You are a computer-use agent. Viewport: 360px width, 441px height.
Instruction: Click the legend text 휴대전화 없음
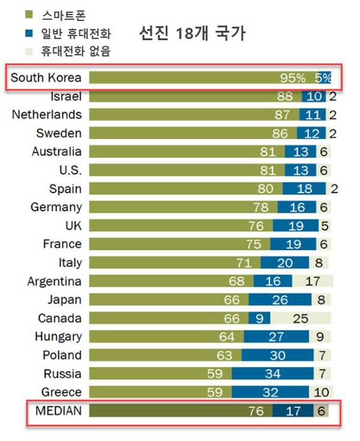click(x=76, y=52)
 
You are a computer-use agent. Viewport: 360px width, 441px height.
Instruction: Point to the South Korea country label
click(x=46, y=77)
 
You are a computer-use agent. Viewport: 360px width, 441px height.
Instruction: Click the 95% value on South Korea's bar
click(x=293, y=78)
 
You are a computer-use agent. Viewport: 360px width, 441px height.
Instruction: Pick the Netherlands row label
click(x=47, y=114)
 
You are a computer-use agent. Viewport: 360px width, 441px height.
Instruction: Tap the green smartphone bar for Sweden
click(x=192, y=133)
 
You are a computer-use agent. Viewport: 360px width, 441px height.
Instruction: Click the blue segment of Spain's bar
click(x=304, y=188)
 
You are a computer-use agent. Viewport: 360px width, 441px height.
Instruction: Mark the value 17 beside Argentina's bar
click(x=312, y=281)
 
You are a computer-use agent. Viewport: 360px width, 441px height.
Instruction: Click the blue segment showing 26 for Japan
click(x=280, y=299)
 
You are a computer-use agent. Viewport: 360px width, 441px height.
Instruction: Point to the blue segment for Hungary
click(x=277, y=337)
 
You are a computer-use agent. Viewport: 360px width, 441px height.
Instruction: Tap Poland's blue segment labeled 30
click(x=277, y=355)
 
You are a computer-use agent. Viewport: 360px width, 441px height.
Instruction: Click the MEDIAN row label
click(x=58, y=411)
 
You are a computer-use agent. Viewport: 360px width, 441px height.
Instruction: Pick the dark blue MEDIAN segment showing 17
click(x=293, y=411)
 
